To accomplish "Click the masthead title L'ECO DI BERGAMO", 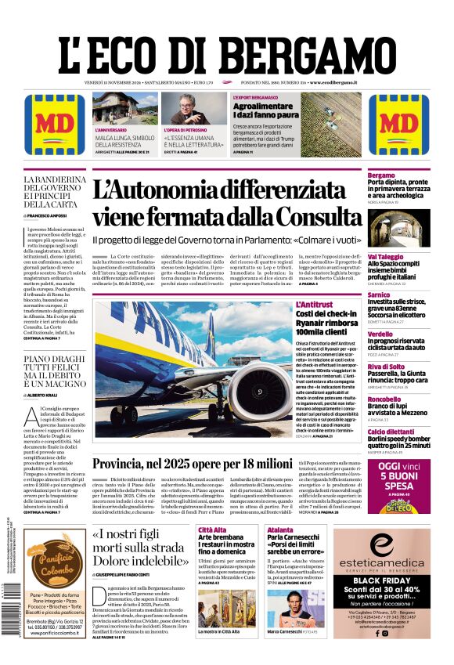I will click(226, 51).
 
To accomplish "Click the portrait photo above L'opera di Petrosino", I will click(193, 108).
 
